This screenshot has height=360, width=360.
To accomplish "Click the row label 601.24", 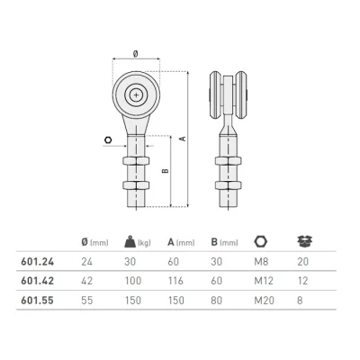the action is coord(38,262).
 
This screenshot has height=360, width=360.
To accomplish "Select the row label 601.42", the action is coord(38,281).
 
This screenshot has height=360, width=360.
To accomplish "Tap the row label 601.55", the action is coord(38,301).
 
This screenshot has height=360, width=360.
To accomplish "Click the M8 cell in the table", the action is coord(261,262).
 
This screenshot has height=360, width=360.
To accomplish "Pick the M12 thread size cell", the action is coord(264,281).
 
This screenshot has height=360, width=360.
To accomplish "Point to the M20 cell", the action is coord(264,301).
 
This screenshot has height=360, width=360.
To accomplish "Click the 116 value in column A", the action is coord(175,281).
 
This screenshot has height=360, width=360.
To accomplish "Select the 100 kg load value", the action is coord(133,281).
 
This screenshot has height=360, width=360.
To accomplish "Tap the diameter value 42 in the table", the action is coord(87,281).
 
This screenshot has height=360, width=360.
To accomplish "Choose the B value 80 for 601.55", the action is coord(217,301).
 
